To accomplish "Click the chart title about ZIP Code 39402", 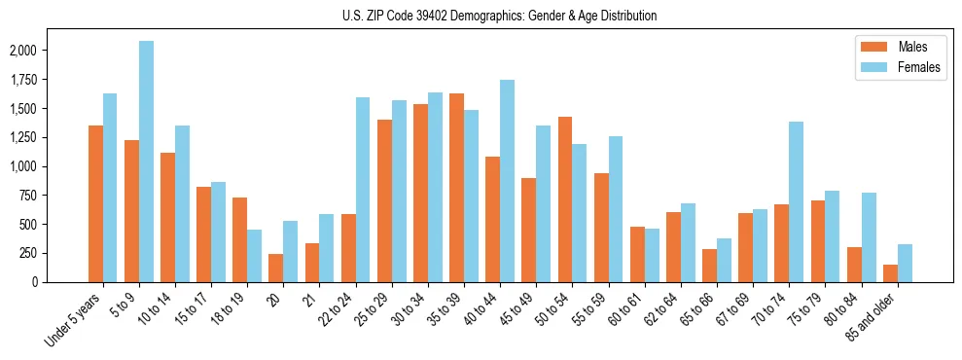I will pyautogui.click(x=499, y=16).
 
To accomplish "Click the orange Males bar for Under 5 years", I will pyautogui.click(x=95, y=203).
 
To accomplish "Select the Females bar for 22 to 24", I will pyautogui.click(x=363, y=190).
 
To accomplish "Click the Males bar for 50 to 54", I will pyautogui.click(x=565, y=199).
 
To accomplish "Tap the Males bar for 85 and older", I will pyautogui.click(x=890, y=273).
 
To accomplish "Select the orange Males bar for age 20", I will pyautogui.click(x=276, y=268).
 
